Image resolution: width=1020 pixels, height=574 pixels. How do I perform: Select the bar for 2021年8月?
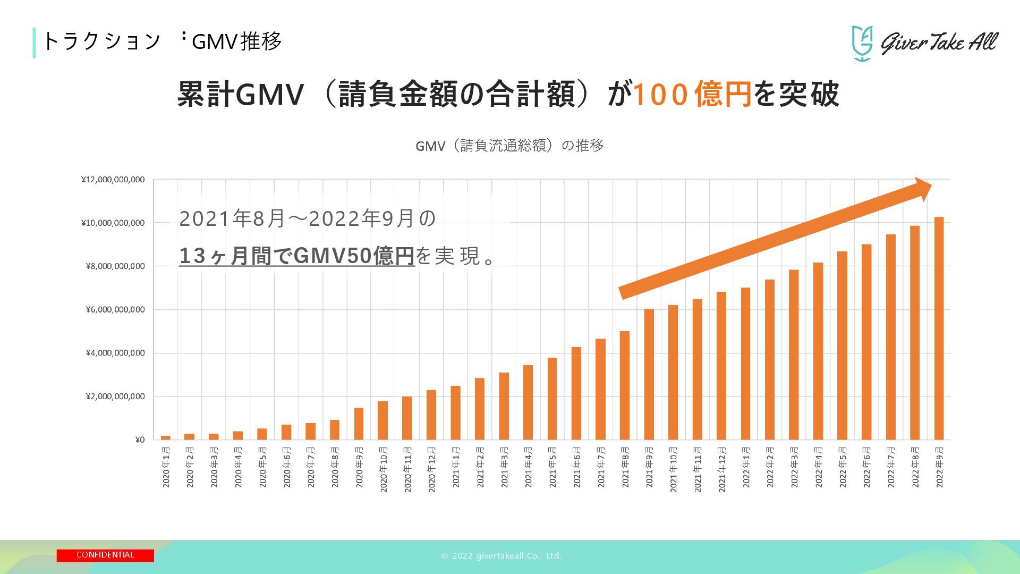625,385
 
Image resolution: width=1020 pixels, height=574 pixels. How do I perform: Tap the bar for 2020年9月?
359,424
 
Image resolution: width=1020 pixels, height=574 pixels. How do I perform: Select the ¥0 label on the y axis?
140,440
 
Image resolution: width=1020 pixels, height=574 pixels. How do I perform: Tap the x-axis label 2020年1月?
166,468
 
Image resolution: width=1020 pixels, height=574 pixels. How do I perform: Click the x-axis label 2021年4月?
528,468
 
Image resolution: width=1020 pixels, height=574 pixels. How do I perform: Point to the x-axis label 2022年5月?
843,468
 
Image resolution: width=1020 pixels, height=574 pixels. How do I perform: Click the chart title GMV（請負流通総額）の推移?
509,146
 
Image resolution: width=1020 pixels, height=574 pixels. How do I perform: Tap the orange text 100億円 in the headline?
692,94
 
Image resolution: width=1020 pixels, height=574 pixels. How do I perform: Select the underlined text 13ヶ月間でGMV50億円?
296,256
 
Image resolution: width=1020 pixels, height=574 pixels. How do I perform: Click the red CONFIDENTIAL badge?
105,555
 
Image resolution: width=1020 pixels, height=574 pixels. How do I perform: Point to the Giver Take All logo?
924,43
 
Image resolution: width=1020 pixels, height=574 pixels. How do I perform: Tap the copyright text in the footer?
501,556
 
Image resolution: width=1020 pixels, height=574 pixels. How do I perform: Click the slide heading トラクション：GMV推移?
161,41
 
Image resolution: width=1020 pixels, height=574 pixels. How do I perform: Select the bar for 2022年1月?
745,364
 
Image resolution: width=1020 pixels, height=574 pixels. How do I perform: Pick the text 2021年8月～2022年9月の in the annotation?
307,218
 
